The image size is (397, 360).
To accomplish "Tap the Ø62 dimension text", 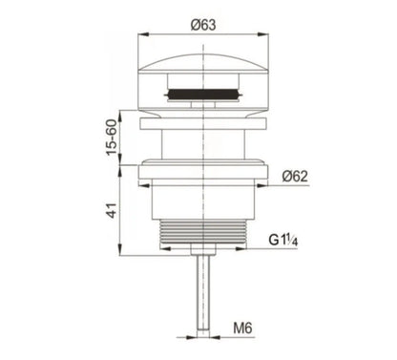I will click(x=297, y=175).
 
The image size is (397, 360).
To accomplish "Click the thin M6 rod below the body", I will click(x=201, y=296).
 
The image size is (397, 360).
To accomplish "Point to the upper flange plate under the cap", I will click(x=201, y=122).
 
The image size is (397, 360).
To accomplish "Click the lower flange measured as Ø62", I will click(x=201, y=172).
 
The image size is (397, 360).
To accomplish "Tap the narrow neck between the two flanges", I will click(x=201, y=145).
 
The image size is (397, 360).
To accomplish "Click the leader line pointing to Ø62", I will click(x=272, y=185).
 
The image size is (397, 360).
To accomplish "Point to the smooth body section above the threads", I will click(x=201, y=202).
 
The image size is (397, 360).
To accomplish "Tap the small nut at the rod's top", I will click(x=201, y=250).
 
